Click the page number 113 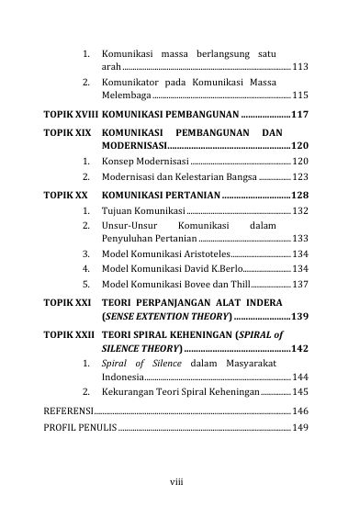click(x=300, y=67)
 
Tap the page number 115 click(x=300, y=96)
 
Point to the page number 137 click(x=300, y=284)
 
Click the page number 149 click(x=300, y=427)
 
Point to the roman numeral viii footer click(x=180, y=479)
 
